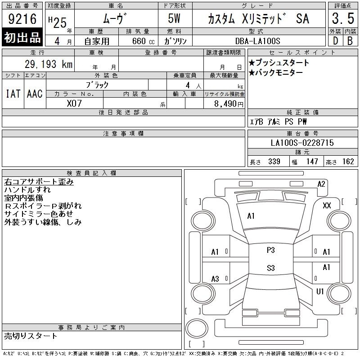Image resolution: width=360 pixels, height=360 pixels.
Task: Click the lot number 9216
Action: click(22, 18)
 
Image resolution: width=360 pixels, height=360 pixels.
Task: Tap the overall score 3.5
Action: click(343, 18)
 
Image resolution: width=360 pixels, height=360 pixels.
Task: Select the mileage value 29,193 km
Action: click(49, 64)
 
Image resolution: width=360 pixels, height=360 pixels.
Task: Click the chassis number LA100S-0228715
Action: click(302, 143)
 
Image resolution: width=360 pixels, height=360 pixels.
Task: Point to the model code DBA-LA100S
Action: click(257, 41)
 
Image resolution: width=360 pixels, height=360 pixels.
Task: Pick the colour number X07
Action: click(74, 103)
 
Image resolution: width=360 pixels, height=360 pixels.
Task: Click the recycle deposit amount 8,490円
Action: click(229, 104)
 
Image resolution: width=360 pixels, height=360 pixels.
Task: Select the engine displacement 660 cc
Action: click(143, 41)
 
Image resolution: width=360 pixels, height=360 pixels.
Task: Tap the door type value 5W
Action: click(174, 18)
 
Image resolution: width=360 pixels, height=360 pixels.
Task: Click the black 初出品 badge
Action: click(22, 37)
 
